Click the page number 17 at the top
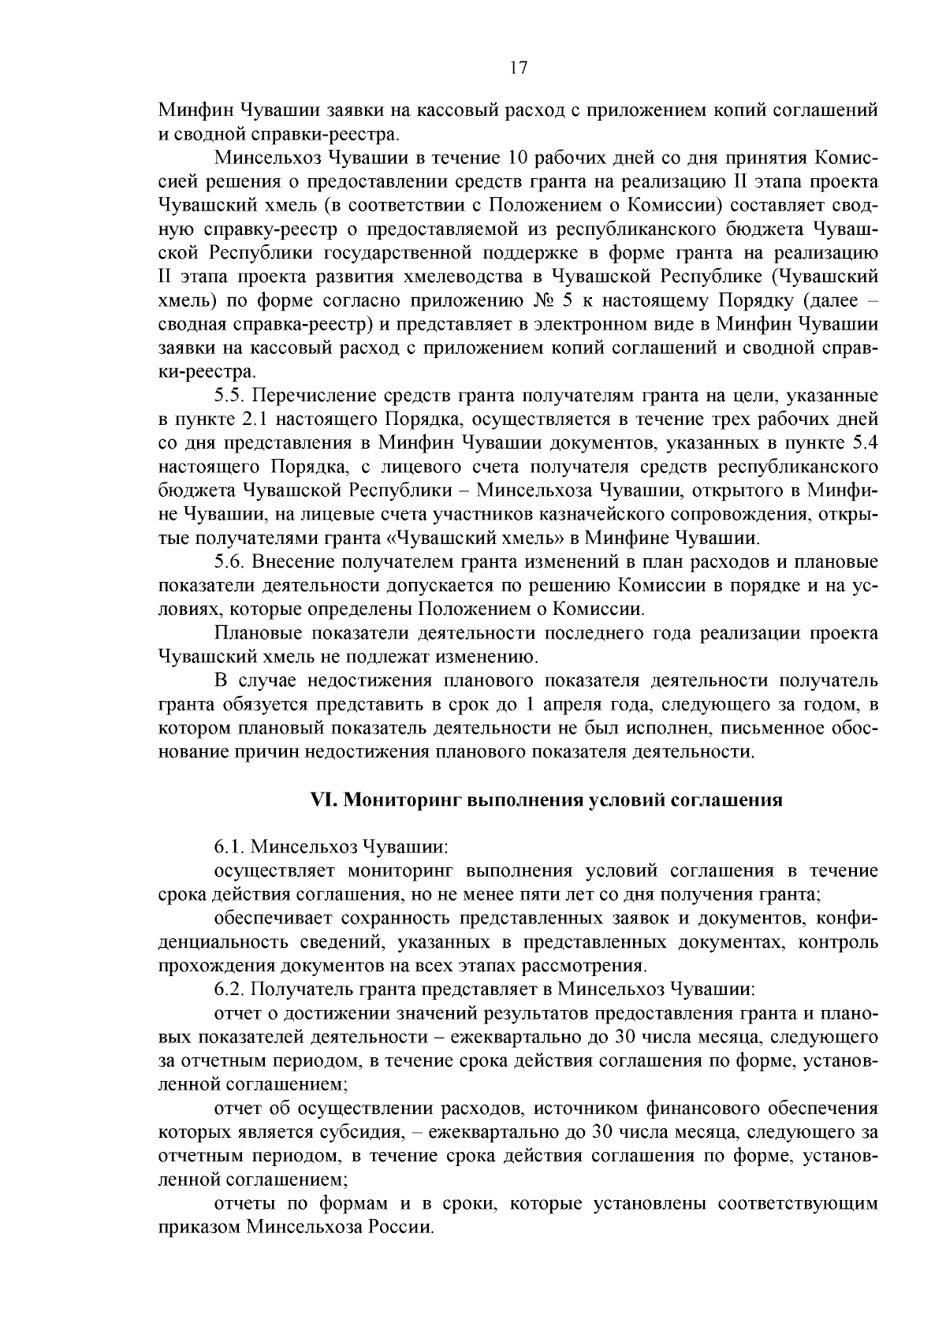click(518, 68)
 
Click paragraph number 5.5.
click(229, 395)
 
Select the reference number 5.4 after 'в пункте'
click(863, 442)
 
